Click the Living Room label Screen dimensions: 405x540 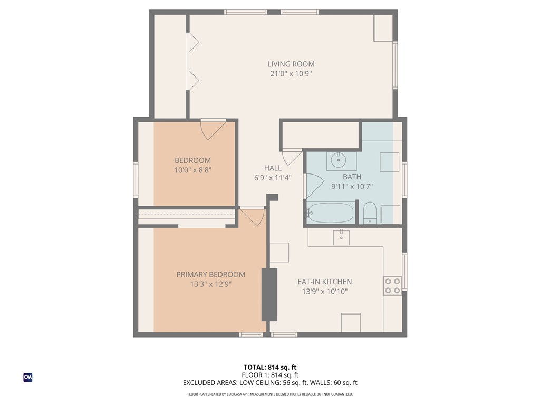pos(291,64)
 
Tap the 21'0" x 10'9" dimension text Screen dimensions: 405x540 pos(291,74)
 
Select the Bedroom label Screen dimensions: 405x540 pos(192,160)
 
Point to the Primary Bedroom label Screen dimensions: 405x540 pos(210,274)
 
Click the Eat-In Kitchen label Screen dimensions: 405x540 pos(324,282)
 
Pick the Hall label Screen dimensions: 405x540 pos(273,168)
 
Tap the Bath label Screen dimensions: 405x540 pos(352,177)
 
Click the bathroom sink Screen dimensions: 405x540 pos(337,159)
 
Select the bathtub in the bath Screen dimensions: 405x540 pos(331,213)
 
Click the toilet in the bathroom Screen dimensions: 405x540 pos(370,213)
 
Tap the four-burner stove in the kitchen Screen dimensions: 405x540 pos(392,285)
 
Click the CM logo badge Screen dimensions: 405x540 pos(28,377)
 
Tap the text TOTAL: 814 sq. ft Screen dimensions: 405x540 pos(270,367)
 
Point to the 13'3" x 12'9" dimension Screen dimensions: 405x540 pos(210,284)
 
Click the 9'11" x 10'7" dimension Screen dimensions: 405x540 pos(352,186)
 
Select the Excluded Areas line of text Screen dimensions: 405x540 pos(270,383)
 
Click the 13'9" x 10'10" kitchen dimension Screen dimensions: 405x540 pos(324,291)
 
